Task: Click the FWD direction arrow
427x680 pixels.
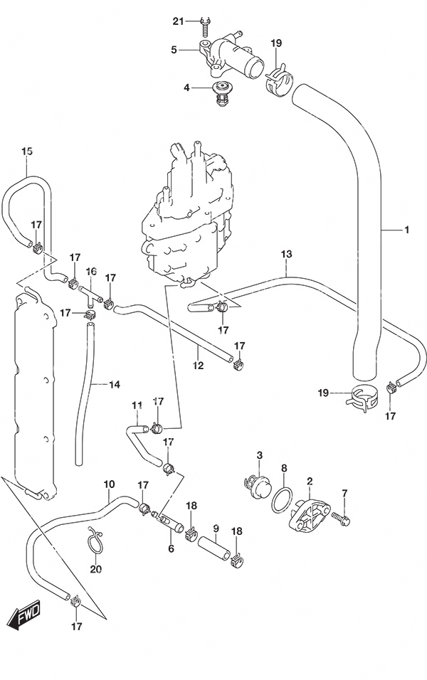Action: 24,615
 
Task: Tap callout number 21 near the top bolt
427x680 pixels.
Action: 179,21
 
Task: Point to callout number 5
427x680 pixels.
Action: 174,51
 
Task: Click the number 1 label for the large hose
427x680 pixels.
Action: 406,230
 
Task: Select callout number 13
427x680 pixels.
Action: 286,254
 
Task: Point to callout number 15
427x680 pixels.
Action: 27,152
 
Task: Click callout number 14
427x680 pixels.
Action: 114,384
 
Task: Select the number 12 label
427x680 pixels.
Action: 198,366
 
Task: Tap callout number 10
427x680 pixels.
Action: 109,484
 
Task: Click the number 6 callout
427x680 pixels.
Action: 171,548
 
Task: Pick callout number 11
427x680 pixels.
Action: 137,405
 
